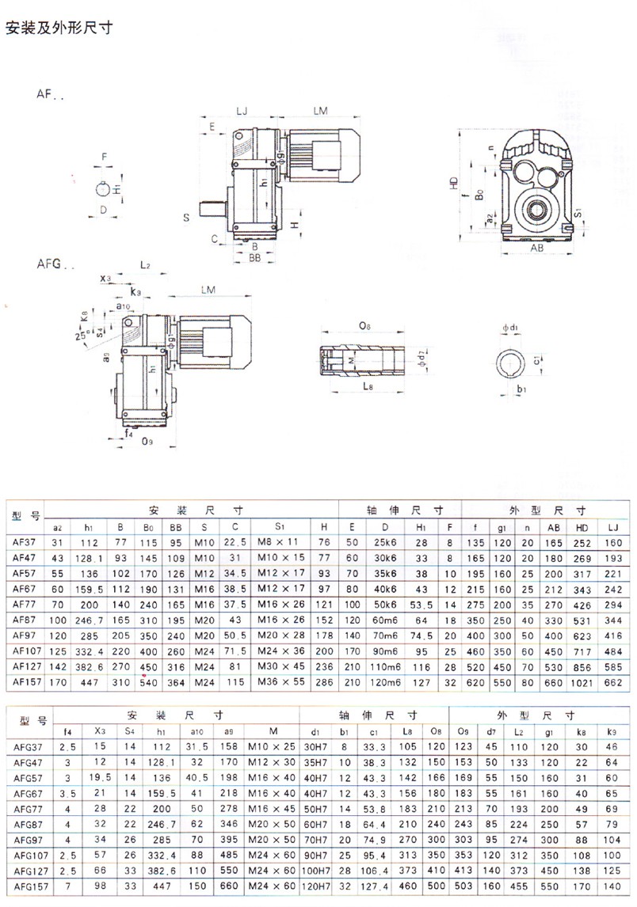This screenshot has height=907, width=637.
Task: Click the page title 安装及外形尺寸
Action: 59,29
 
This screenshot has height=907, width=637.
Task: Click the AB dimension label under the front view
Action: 536,247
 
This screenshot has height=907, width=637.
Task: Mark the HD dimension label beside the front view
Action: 453,181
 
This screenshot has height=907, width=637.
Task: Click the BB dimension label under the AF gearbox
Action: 255,258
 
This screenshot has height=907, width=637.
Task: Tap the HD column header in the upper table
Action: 582,526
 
